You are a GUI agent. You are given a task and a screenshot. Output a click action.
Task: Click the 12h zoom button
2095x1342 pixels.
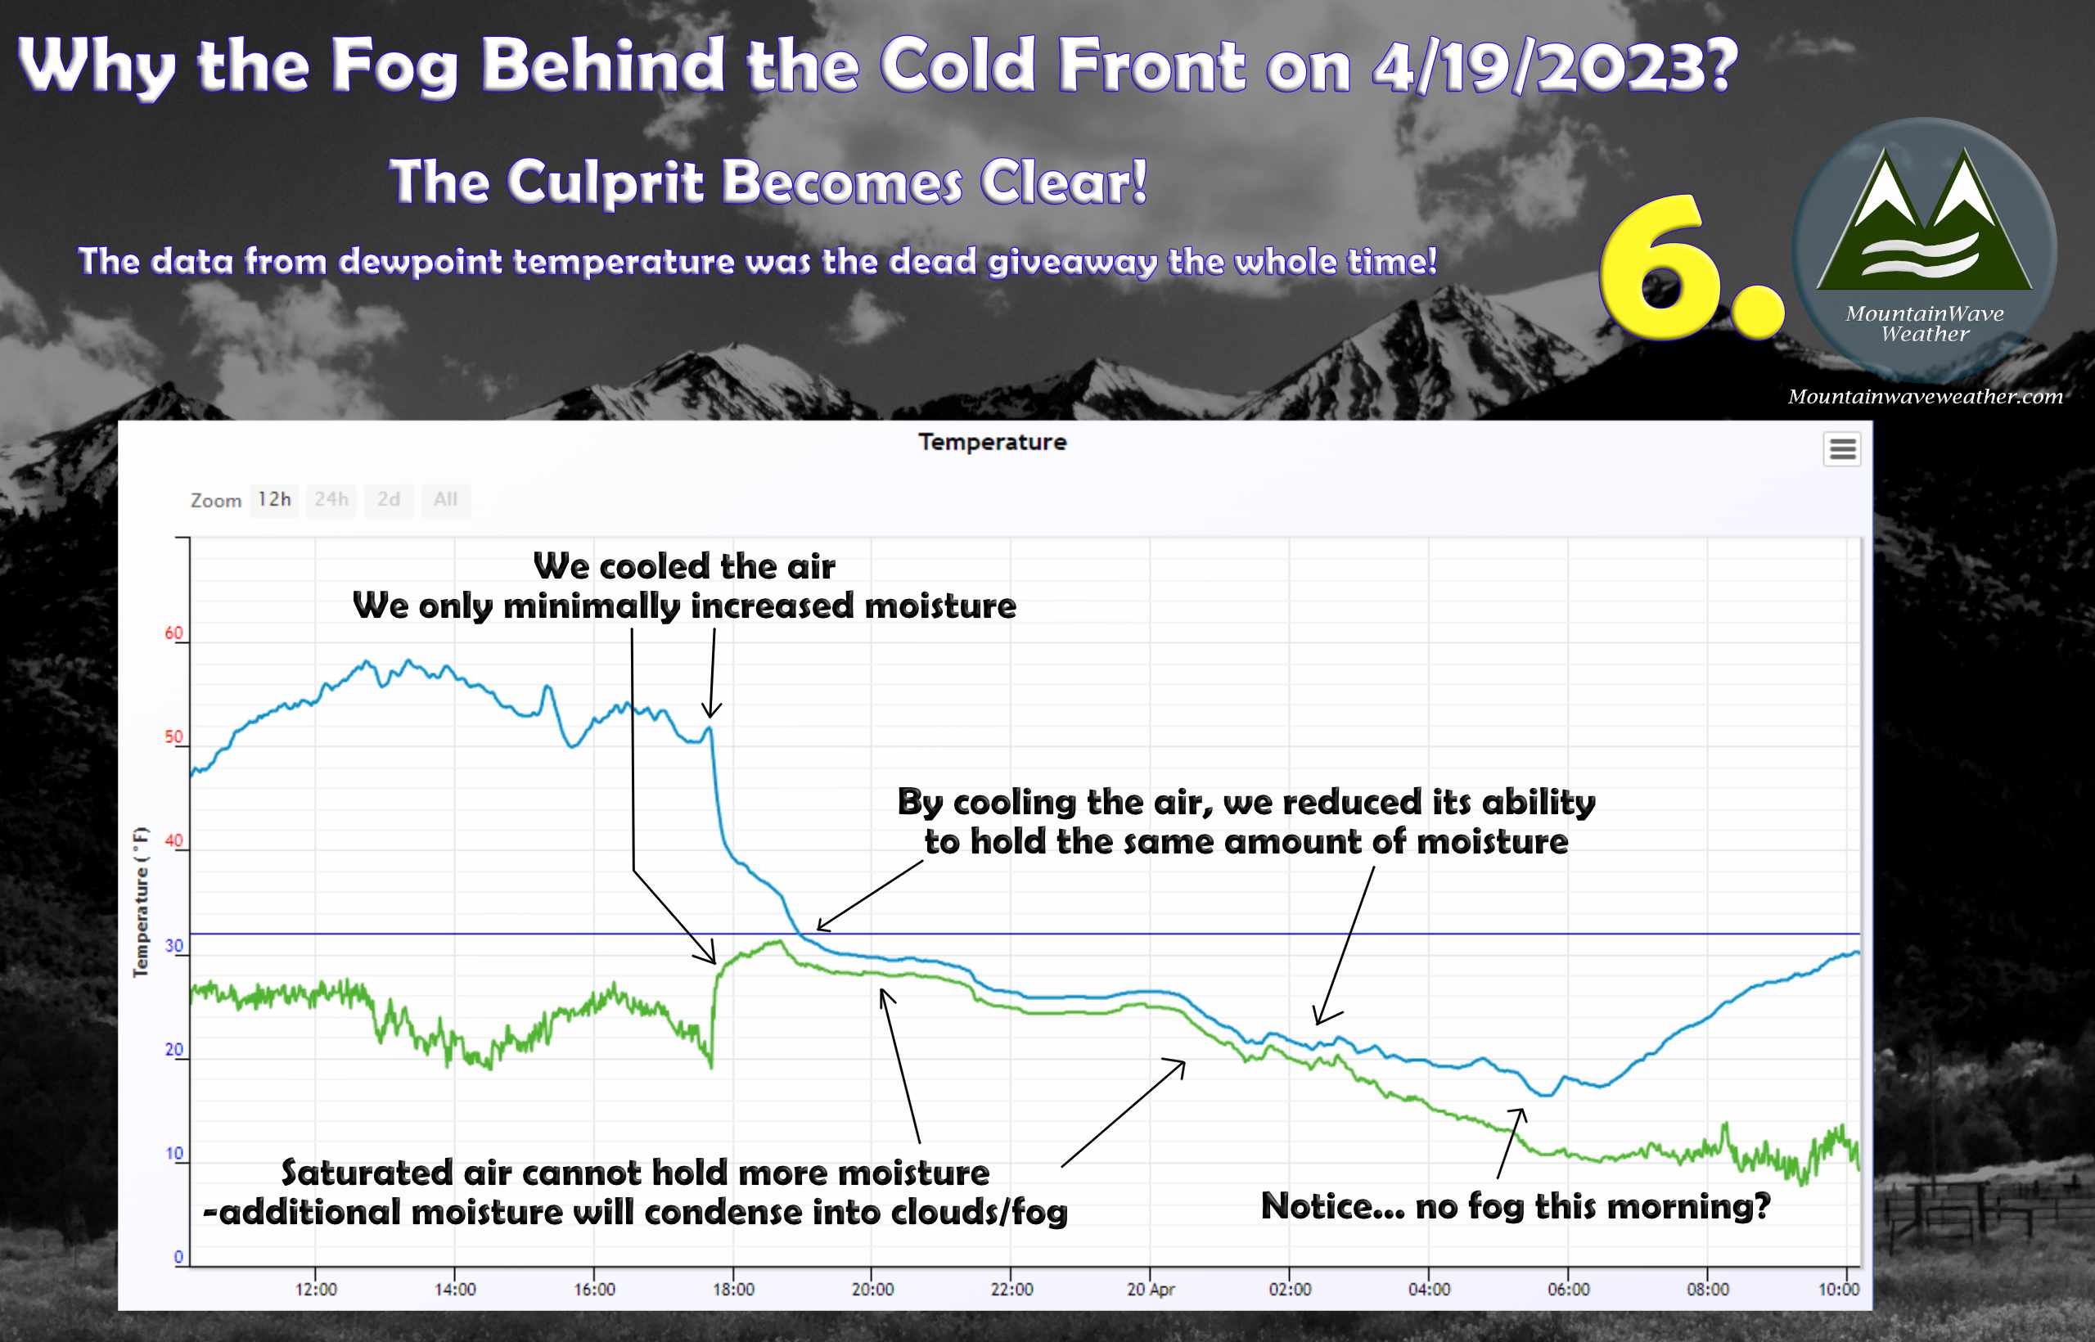click(273, 500)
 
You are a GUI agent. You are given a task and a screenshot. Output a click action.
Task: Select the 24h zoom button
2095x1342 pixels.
click(331, 500)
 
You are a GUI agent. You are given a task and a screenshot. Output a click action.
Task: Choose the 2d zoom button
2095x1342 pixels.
click(389, 500)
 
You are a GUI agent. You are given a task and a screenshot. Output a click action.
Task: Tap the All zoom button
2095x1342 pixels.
click(445, 500)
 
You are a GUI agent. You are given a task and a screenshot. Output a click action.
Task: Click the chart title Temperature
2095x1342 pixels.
click(993, 442)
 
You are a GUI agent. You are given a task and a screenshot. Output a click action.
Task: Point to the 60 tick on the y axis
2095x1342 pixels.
click(174, 633)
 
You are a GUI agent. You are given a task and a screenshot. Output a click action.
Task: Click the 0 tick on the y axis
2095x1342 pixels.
click(178, 1257)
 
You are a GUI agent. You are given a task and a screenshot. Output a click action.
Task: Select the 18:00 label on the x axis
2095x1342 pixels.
click(734, 1290)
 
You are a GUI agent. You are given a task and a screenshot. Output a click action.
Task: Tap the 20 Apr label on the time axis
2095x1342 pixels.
click(1151, 1290)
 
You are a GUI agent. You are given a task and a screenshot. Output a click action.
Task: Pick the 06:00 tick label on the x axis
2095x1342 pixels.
click(1569, 1290)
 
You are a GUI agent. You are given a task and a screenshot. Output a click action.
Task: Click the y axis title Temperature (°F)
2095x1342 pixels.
click(140, 902)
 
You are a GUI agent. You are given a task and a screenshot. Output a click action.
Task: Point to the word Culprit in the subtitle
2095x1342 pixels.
click(605, 182)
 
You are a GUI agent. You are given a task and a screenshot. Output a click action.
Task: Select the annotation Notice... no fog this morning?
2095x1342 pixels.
click(1516, 1207)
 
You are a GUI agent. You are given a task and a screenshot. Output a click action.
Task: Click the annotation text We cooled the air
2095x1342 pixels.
click(684, 567)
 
